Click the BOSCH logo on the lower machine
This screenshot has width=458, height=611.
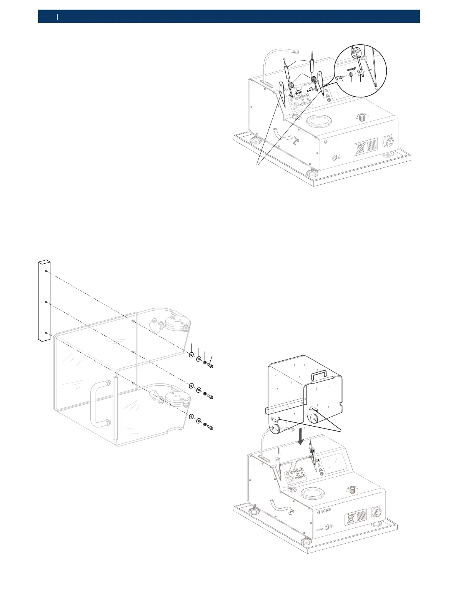pyautogui.click(x=325, y=511)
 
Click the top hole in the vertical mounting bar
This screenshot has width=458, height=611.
pyautogui.click(x=46, y=271)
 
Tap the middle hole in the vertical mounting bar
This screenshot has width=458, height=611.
pyautogui.click(x=46, y=302)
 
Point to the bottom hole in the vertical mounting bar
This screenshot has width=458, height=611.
pyautogui.click(x=46, y=332)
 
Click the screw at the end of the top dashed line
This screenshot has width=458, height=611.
pyautogui.click(x=211, y=365)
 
